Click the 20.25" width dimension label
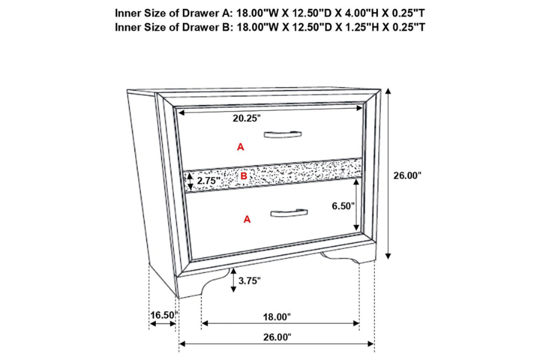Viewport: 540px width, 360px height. [x=247, y=118]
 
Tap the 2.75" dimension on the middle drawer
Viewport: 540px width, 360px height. [x=209, y=181]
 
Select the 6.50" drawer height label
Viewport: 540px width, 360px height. [x=343, y=206]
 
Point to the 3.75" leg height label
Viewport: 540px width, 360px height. [x=250, y=281]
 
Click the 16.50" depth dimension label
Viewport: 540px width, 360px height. [x=164, y=315]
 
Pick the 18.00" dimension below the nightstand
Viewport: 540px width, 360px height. [x=277, y=317]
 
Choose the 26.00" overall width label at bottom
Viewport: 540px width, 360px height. [x=277, y=337]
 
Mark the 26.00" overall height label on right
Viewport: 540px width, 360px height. [x=407, y=175]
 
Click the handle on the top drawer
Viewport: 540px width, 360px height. [x=283, y=134]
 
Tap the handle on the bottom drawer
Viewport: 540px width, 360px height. [x=289, y=213]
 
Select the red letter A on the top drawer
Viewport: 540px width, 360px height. [x=241, y=147]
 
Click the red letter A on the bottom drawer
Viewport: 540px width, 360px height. [x=247, y=219]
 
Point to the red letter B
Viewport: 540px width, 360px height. [x=244, y=176]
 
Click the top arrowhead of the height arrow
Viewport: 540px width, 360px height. [x=388, y=91]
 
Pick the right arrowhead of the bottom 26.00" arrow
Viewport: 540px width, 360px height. [x=371, y=344]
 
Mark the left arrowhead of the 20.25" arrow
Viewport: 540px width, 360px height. [x=181, y=112]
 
